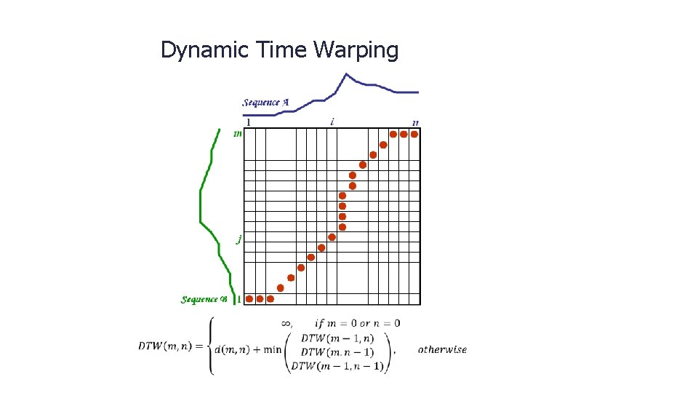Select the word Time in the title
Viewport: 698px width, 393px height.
click(283, 50)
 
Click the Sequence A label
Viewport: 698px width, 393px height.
click(265, 103)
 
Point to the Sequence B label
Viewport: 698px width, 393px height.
click(204, 299)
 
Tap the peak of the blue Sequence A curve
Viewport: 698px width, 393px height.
click(347, 74)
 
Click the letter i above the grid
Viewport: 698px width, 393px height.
click(332, 122)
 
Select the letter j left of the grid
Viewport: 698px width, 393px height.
click(238, 239)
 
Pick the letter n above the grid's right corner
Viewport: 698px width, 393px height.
click(415, 122)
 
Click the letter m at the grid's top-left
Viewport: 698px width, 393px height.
click(237, 134)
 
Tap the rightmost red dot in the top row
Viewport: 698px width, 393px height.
click(414, 134)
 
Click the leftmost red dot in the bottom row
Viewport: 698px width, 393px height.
click(249, 298)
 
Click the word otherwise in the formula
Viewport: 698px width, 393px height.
click(442, 349)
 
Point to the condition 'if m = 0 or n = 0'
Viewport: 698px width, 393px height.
click(357, 323)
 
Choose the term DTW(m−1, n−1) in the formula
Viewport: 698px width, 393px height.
click(337, 366)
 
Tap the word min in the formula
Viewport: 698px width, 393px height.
click(273, 349)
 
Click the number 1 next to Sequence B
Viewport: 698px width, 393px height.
click(238, 299)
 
